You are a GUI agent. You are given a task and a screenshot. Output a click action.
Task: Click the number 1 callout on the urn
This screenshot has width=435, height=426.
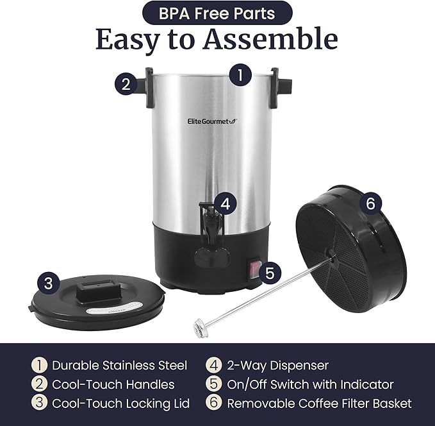(240, 75)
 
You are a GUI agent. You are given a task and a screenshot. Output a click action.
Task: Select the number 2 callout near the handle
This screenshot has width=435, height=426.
(126, 83)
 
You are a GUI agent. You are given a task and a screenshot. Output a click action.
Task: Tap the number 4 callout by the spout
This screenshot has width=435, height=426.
(224, 205)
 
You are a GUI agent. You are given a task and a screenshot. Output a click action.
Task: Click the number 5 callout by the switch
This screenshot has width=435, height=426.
(269, 272)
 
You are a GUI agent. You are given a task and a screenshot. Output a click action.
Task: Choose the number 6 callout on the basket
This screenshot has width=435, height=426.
(369, 204)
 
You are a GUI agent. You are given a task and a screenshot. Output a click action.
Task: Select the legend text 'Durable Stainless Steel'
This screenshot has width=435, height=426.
(119, 366)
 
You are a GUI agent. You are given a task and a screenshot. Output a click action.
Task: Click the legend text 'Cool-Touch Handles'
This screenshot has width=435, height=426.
(113, 384)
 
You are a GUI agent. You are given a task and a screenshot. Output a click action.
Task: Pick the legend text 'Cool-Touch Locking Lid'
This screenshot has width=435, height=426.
(120, 404)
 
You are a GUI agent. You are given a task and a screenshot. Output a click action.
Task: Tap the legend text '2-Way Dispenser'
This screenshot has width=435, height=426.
(277, 366)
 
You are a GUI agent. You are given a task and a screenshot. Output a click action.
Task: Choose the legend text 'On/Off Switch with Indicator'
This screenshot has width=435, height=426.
(310, 384)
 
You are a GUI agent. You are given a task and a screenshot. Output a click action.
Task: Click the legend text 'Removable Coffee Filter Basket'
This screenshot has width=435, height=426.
(319, 404)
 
